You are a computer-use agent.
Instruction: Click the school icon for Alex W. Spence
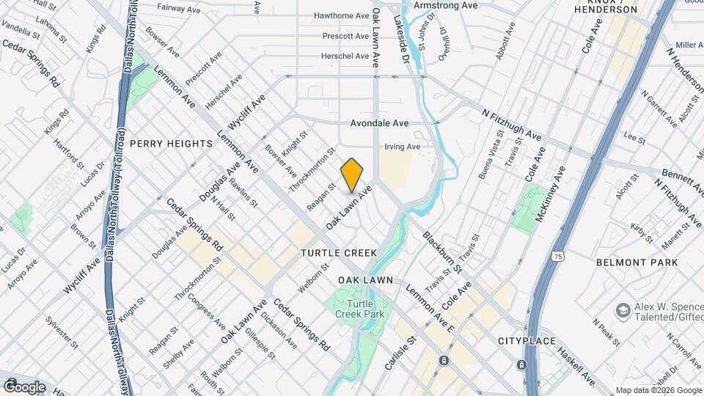624,309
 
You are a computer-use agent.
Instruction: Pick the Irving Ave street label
402,147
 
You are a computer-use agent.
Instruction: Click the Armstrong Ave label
446,5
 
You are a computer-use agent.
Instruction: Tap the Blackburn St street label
442,253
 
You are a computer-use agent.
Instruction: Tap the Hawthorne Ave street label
341,15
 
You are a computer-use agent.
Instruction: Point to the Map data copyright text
658,390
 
